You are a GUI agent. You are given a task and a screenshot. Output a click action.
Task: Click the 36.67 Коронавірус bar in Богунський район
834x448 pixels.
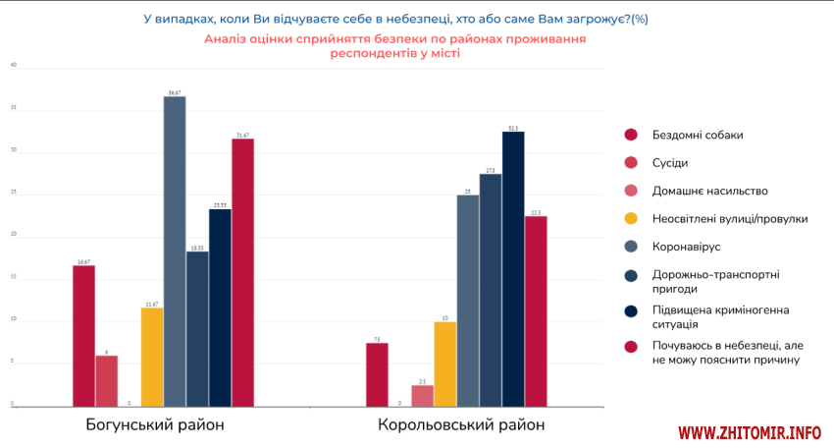coord(175,251)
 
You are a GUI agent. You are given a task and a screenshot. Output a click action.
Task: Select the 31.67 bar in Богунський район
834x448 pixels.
coord(242,272)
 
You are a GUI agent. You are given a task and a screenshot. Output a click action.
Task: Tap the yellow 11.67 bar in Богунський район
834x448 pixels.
coord(152,357)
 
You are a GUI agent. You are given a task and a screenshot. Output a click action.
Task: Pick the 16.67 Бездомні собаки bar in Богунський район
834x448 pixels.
coord(83,335)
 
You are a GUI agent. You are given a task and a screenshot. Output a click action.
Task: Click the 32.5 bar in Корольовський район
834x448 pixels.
coord(513,268)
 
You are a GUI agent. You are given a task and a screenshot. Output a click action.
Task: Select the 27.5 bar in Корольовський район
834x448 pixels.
coord(491,290)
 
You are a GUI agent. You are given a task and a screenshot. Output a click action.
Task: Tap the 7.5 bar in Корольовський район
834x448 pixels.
coord(377,374)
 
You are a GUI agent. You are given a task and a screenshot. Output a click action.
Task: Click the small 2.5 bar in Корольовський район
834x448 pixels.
coord(423,395)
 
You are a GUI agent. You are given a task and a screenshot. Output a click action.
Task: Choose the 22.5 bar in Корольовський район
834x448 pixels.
coord(536,310)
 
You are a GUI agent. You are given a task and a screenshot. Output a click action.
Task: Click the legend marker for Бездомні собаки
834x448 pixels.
coord(632,136)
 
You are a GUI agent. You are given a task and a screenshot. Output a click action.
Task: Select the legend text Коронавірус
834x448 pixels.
coord(686,246)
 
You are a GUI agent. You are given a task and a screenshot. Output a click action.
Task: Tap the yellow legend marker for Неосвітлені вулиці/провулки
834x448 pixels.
coord(632,218)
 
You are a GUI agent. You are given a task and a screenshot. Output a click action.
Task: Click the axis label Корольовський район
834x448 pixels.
coord(461,425)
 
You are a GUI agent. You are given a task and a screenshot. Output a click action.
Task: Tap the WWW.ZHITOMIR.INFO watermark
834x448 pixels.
coord(750,432)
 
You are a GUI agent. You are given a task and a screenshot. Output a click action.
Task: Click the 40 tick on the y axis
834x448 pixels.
coord(14,66)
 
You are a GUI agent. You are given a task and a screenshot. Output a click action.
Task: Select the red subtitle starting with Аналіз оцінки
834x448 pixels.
coord(395,46)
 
